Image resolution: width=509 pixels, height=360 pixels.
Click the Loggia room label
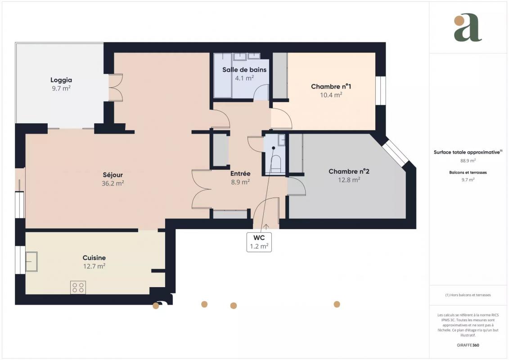pyautogui.click(x=61, y=80)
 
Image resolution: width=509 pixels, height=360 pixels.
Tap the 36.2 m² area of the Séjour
pyautogui.click(x=113, y=184)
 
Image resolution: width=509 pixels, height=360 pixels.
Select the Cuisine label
pyautogui.click(x=94, y=258)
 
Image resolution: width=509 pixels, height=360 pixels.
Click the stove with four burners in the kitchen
pyautogui.click(x=78, y=287)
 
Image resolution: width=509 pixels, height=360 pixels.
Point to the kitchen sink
pyautogui.click(x=32, y=261)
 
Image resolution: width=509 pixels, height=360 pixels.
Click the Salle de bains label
pyautogui.click(x=244, y=69)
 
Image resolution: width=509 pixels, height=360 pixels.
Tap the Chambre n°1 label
pyautogui.click(x=331, y=86)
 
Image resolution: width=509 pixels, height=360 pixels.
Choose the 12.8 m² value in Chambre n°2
pyautogui.click(x=349, y=180)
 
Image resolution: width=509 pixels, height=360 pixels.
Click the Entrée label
pyautogui.click(x=240, y=174)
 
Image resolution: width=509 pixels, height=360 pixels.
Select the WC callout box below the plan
pyautogui.click(x=259, y=242)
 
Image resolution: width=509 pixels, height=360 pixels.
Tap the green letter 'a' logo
pyautogui.click(x=468, y=27)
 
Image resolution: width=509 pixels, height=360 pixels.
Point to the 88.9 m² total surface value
pyautogui.click(x=468, y=161)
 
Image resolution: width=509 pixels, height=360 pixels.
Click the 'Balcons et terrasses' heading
pyautogui.click(x=468, y=172)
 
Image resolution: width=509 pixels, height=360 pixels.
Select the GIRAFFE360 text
pyautogui.click(x=468, y=345)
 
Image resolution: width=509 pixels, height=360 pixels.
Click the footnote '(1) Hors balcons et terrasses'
pyautogui.click(x=468, y=295)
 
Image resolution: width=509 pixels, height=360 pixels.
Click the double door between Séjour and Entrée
pyautogui.click(x=201, y=189)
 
